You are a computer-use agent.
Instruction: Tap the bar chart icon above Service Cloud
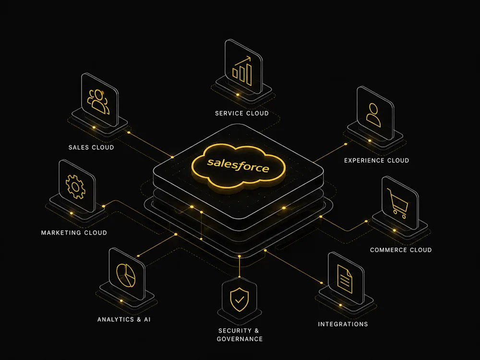(242, 71)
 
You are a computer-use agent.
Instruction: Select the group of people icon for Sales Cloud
(98, 102)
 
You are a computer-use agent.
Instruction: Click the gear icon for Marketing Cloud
(75, 187)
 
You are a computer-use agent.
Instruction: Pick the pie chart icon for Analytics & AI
(126, 276)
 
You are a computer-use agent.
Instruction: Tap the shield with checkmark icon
(240, 300)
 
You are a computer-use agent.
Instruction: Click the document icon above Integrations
(345, 279)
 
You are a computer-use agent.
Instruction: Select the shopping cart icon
(397, 203)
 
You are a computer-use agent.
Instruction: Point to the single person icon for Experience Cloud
(373, 115)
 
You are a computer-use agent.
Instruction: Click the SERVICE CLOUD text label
(242, 113)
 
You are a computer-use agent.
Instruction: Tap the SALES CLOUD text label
(91, 147)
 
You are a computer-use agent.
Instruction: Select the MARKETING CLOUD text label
(74, 233)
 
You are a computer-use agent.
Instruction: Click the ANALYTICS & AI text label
(124, 319)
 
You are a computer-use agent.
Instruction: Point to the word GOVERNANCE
(240, 339)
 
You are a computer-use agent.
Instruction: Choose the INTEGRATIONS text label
(343, 324)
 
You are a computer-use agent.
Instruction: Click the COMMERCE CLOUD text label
(401, 250)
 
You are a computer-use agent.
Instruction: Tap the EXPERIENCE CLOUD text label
(376, 160)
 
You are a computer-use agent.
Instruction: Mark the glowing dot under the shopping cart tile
(394, 230)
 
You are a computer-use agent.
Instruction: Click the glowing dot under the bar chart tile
(238, 95)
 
